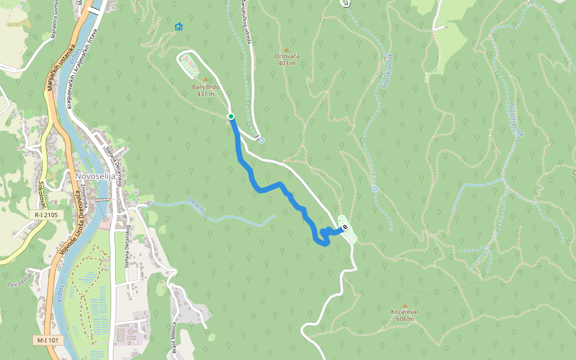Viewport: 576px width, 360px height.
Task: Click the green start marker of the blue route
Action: [x=231, y=116]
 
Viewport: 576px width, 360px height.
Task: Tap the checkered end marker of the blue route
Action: [x=344, y=227]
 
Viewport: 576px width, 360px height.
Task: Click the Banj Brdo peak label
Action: [x=205, y=90]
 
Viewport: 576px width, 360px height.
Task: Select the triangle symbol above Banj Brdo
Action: [x=205, y=79]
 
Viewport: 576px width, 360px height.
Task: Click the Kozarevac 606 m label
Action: [x=404, y=315]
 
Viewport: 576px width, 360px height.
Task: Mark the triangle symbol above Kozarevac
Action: [x=404, y=305]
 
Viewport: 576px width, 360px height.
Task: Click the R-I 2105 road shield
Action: [x=46, y=214]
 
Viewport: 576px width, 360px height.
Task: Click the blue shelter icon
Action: [x=178, y=27]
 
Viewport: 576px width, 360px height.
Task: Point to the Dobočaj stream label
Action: [x=196, y=206]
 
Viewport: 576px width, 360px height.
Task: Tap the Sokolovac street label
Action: [x=41, y=191]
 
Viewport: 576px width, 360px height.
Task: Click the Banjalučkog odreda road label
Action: [x=245, y=21]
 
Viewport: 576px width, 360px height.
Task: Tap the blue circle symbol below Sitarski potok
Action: [x=375, y=189]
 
